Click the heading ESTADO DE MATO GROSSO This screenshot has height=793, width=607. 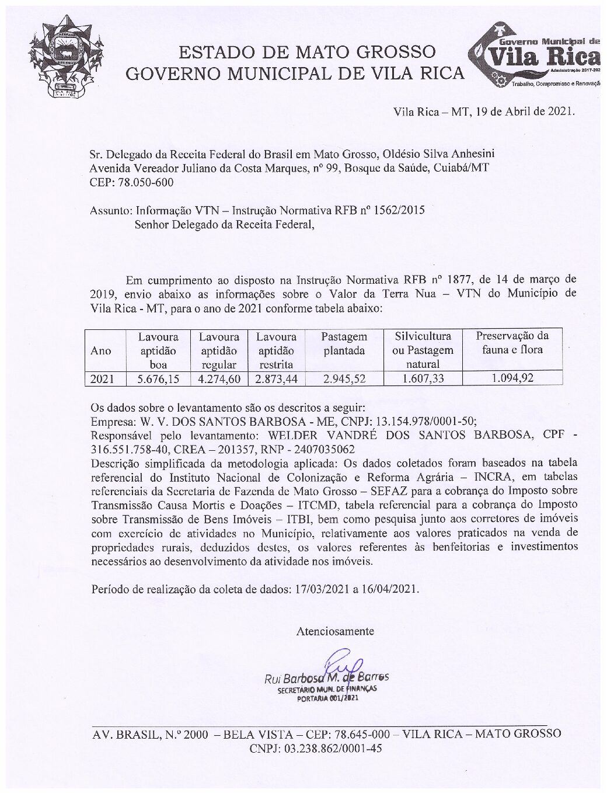click(x=306, y=52)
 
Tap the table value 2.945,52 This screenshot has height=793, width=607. click(x=344, y=378)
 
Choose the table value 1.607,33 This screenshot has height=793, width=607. click(x=422, y=378)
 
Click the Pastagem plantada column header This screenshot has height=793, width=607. click(x=344, y=343)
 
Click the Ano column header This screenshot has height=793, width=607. click(x=101, y=350)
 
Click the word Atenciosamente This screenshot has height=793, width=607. click(x=335, y=631)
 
